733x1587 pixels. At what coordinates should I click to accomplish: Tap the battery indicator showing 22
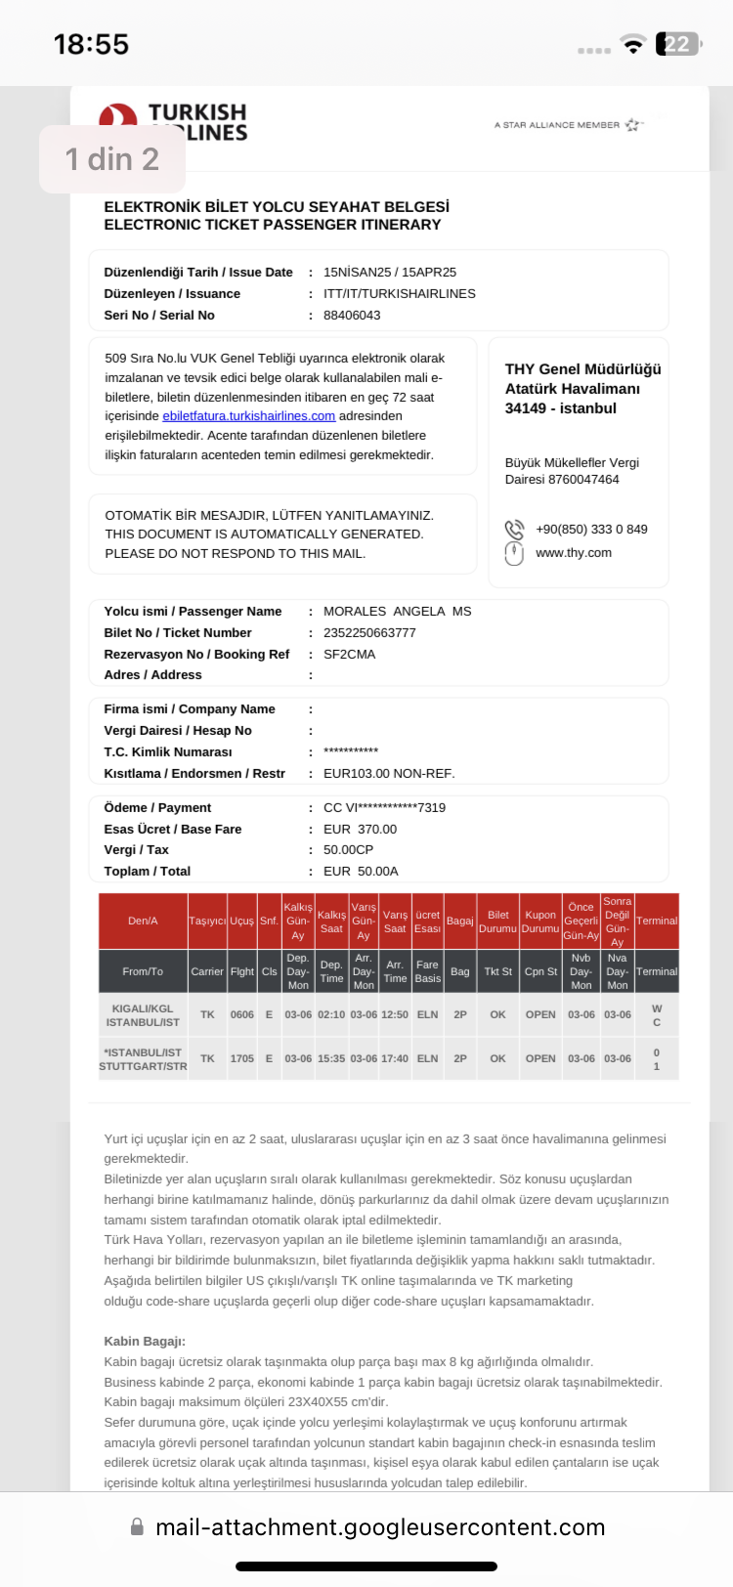[x=678, y=44]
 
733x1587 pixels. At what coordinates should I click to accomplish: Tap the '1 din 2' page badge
[x=111, y=158]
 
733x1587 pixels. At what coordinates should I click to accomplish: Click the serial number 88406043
[x=352, y=315]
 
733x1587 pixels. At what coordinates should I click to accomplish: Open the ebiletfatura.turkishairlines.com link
[x=248, y=415]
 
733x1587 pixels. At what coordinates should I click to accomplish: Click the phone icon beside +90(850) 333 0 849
[x=514, y=529]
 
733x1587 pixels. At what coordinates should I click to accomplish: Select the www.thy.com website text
[x=574, y=552]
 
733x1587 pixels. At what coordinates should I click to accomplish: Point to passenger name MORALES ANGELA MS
[x=397, y=611]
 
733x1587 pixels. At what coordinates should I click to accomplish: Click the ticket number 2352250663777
[x=369, y=632]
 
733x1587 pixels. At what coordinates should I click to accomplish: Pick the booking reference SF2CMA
[x=349, y=654]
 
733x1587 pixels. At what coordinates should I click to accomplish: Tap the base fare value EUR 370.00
[x=360, y=829]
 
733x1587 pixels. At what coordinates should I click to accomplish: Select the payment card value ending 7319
[x=384, y=807]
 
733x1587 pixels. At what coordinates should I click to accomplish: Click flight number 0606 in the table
[x=241, y=1014]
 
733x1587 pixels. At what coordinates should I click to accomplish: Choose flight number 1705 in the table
[x=241, y=1058]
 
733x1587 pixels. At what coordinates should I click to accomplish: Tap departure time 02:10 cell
[x=331, y=1014]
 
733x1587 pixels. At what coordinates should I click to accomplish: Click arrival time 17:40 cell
[x=395, y=1058]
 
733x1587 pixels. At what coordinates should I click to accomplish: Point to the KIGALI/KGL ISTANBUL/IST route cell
[x=143, y=1014]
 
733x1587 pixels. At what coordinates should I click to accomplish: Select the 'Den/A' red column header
[x=143, y=921]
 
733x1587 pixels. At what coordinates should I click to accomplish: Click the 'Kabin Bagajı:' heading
[x=145, y=1341]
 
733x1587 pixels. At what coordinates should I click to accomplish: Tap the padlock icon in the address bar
[x=137, y=1526]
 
